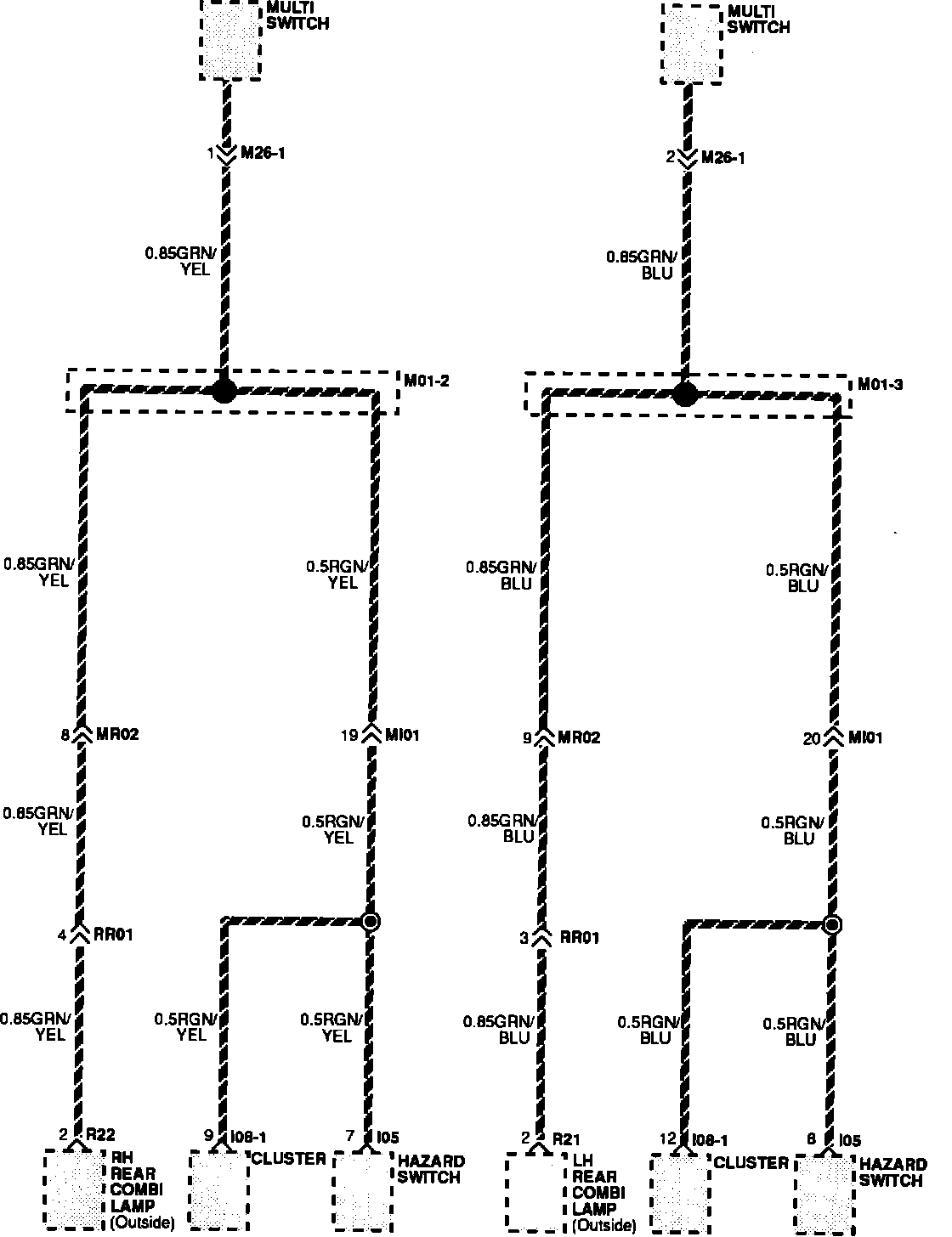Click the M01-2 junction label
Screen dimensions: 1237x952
[x=427, y=381]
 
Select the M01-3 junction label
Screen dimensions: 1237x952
[x=880, y=385]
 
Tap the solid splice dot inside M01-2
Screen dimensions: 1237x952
[x=224, y=391]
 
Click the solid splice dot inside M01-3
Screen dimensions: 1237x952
[x=685, y=394]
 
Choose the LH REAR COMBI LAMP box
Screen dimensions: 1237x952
[x=535, y=1191]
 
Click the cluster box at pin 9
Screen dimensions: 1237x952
[x=218, y=1189]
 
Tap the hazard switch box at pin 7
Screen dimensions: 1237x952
[x=363, y=1189]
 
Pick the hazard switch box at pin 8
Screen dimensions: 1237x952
[x=825, y=1193]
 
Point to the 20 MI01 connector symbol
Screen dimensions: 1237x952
[x=834, y=737]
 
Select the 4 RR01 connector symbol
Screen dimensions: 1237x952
[x=80, y=935]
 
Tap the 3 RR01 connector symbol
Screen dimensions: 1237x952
[x=542, y=937]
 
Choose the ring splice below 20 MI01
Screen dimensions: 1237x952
[x=832, y=924]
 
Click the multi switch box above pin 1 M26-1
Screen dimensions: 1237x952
[x=229, y=40]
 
